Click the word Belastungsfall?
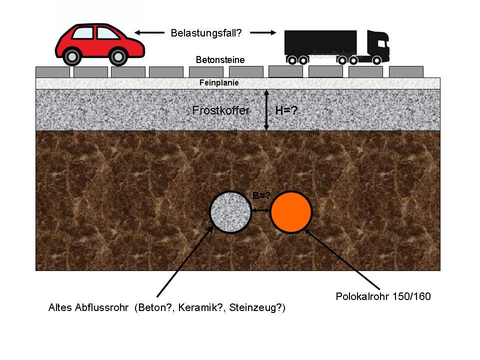click(x=206, y=33)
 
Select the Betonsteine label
click(x=220, y=60)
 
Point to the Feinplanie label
click(x=219, y=83)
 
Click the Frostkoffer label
click(x=220, y=110)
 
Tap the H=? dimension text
click(x=286, y=110)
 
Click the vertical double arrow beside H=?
click(x=266, y=110)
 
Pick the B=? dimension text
click(x=261, y=196)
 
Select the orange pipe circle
click(x=291, y=212)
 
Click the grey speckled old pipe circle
click(x=230, y=212)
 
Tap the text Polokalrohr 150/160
click(x=383, y=296)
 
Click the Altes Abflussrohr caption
click(x=166, y=308)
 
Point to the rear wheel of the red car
click(x=72, y=56)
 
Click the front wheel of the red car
click(x=118, y=56)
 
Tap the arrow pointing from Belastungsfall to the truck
click(x=263, y=33)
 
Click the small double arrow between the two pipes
click(x=260, y=212)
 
